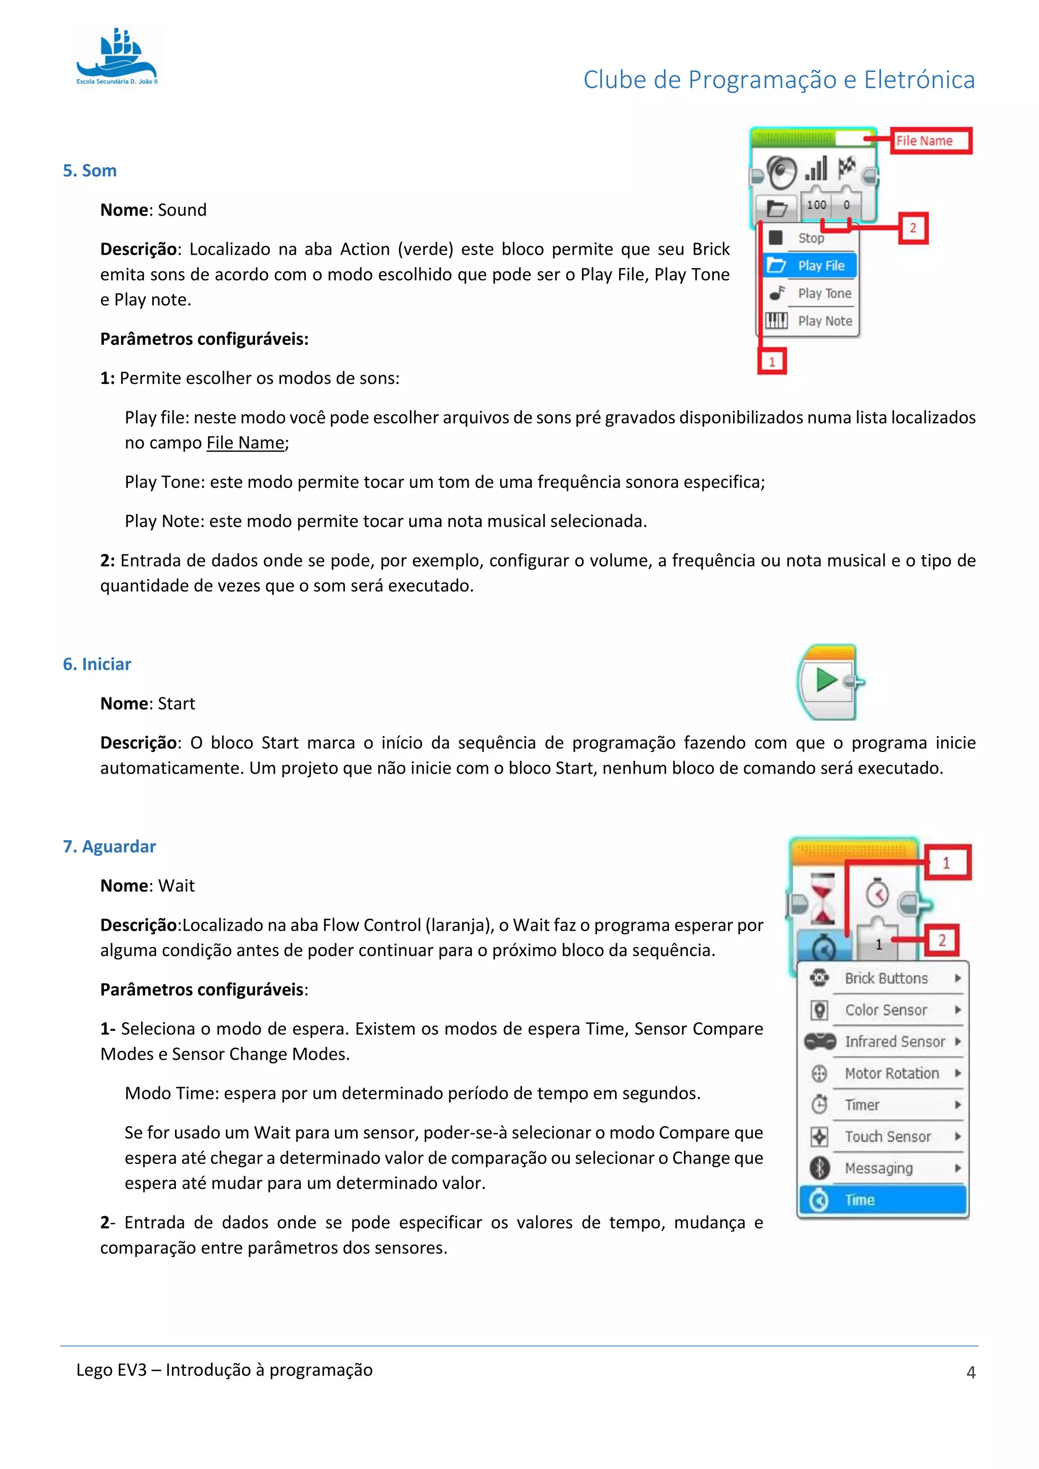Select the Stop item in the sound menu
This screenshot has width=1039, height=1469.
click(810, 238)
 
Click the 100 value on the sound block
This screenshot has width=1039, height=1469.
click(816, 205)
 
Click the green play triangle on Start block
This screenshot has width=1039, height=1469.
click(826, 680)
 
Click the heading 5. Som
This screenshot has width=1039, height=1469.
click(90, 171)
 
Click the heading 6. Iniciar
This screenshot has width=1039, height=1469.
click(96, 664)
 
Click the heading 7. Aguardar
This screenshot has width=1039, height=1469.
click(110, 847)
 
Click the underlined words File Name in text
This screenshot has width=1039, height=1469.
click(245, 443)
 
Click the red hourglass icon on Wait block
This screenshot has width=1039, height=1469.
click(823, 898)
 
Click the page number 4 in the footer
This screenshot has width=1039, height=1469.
click(971, 1373)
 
